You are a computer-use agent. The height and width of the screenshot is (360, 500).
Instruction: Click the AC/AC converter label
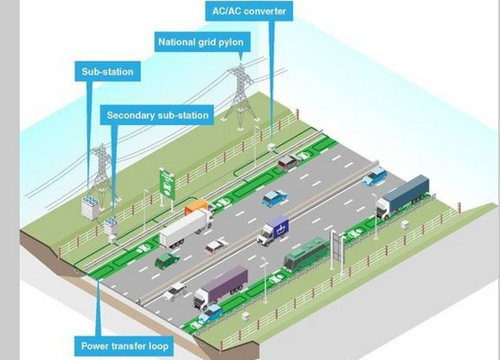pos(249,11)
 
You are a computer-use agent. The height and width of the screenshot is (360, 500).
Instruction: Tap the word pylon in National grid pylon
pos(231,42)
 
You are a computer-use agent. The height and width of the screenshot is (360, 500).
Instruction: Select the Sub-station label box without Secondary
pos(108,71)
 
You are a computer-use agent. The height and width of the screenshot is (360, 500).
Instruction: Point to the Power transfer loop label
pos(124,346)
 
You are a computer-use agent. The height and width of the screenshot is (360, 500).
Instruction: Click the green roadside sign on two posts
pos(167,184)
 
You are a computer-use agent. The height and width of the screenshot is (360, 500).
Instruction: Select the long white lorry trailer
pos(185,228)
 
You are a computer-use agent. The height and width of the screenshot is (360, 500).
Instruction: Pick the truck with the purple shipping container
pos(220,287)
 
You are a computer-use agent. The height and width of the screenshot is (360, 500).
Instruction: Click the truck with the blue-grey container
pos(402,196)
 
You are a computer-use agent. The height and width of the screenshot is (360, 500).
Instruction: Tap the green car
pos(166,260)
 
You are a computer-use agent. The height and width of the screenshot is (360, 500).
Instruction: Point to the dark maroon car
pos(288,163)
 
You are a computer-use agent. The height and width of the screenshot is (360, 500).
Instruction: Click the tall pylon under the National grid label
pos(241,95)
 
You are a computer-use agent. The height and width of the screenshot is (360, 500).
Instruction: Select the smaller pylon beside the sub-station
pos(102,174)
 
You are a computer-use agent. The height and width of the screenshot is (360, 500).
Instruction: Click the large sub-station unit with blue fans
pos(90,208)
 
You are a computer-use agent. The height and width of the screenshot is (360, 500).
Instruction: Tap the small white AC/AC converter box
pos(272,147)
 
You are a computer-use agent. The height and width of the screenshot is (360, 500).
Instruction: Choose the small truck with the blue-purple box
pos(273,230)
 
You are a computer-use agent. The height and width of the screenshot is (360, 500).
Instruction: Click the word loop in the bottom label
pos(158,346)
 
